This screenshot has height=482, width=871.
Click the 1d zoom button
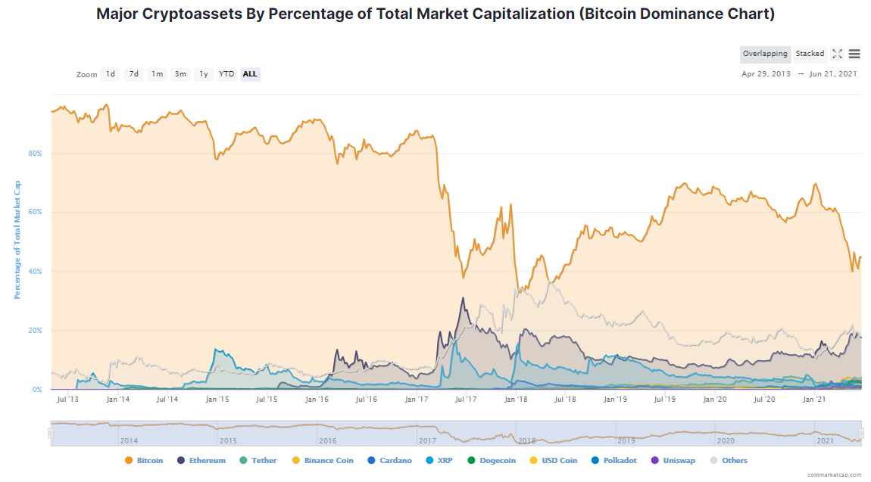coord(111,74)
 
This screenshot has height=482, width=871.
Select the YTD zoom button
coord(226,74)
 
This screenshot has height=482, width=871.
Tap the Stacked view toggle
coord(810,54)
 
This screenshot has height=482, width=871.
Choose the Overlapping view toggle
coord(765,54)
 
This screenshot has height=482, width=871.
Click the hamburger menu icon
coord(854,54)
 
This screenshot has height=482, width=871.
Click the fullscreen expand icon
coord(837,54)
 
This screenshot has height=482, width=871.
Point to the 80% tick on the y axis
coord(36,154)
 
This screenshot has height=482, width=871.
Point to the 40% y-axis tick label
coord(36,272)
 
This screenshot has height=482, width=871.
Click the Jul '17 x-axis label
coord(466,399)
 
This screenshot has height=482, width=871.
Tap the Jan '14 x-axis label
coord(117,399)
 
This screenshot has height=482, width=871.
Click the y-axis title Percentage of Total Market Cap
coord(17,239)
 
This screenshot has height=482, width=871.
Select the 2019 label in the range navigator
coord(626,440)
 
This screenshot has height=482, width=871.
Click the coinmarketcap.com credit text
coord(834,474)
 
